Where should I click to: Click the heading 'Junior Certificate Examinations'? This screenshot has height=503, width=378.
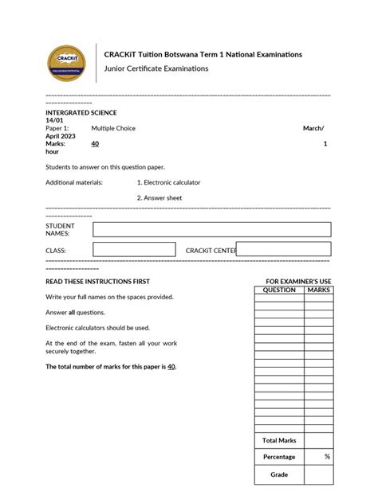pyautogui.click(x=156, y=68)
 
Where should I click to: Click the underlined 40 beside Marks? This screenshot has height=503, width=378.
pyautogui.click(x=95, y=143)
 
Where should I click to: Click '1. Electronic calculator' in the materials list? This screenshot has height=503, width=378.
pyautogui.click(x=168, y=182)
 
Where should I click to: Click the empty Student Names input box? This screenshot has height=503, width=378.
pyautogui.click(x=211, y=229)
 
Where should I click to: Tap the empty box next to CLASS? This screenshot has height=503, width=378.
pyautogui.click(x=133, y=250)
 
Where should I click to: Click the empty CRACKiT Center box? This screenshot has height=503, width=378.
pyautogui.click(x=283, y=249)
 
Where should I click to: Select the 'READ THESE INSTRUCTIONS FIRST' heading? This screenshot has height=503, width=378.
pyautogui.click(x=97, y=282)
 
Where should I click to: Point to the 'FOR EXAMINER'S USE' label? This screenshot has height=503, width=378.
pyautogui.click(x=297, y=282)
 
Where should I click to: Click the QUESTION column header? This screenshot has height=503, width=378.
pyautogui.click(x=279, y=290)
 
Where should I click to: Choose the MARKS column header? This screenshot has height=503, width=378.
pyautogui.click(x=319, y=290)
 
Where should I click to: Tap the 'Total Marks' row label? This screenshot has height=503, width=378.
pyautogui.click(x=279, y=440)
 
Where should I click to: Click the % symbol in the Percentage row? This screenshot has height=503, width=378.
pyautogui.click(x=327, y=457)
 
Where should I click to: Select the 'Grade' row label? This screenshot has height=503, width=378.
pyautogui.click(x=279, y=475)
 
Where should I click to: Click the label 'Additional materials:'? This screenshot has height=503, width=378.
pyautogui.click(x=74, y=182)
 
